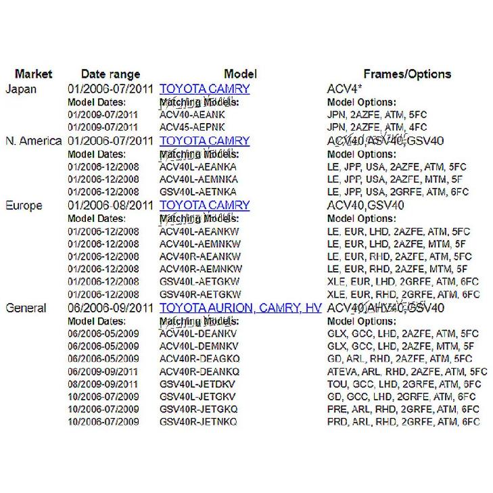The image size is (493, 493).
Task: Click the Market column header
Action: [33, 74]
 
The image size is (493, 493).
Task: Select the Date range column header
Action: [110, 74]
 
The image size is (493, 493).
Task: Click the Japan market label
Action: [21, 89]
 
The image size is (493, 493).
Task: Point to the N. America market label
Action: [33, 141]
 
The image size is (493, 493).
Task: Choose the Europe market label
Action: [24, 205]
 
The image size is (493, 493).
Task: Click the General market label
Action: [26, 308]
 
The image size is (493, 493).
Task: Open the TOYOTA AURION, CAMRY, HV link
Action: [240, 308]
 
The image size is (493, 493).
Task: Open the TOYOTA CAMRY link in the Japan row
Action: [204, 89]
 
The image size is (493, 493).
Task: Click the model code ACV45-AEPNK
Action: [192, 127]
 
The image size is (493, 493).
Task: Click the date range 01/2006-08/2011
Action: [110, 205]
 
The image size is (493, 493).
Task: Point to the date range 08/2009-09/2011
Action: [103, 383]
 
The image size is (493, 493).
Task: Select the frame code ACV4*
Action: [345, 89]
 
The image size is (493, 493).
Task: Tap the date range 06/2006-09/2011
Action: [110, 308]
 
